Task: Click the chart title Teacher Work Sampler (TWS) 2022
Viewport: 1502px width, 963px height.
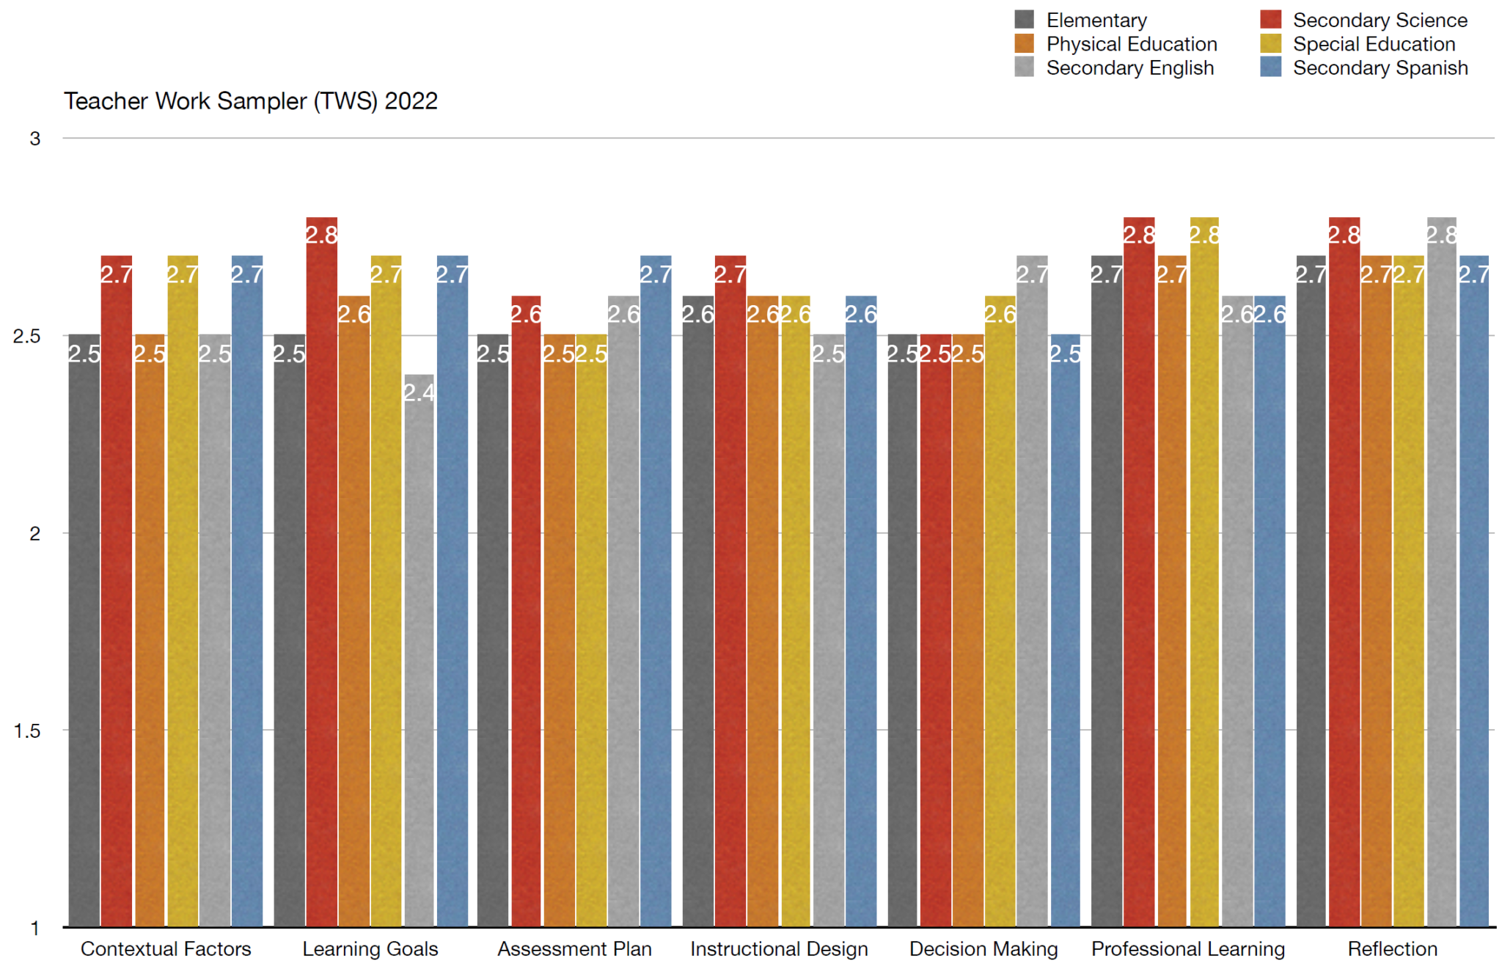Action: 250,101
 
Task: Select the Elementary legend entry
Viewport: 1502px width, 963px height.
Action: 1096,21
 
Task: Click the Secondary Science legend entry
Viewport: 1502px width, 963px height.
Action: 1379,21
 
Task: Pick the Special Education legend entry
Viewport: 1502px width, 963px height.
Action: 1373,44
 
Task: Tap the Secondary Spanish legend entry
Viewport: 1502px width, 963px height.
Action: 1380,68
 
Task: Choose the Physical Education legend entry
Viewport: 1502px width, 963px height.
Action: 1131,44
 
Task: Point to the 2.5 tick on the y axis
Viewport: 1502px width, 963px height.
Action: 27,336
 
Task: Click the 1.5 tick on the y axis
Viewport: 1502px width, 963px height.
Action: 27,731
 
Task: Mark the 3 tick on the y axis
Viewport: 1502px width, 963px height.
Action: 34,139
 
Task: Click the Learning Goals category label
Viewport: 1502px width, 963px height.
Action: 370,949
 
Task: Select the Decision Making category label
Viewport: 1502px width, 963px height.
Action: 983,949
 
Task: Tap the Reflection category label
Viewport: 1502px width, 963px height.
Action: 1392,949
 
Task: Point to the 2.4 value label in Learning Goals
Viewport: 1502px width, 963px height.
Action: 420,393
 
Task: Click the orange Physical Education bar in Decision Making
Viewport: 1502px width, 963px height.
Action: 968,631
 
